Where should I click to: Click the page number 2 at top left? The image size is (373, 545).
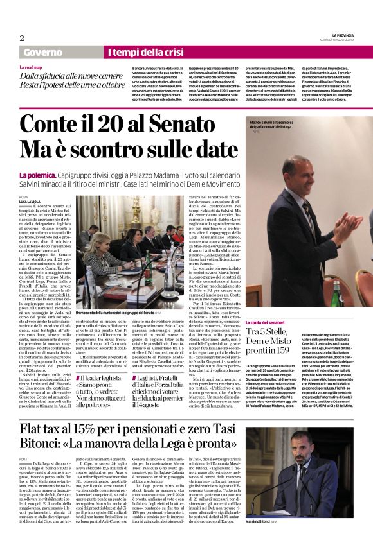point(21,37)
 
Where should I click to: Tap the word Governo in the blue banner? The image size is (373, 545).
point(42,52)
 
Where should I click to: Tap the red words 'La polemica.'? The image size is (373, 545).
point(39,175)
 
